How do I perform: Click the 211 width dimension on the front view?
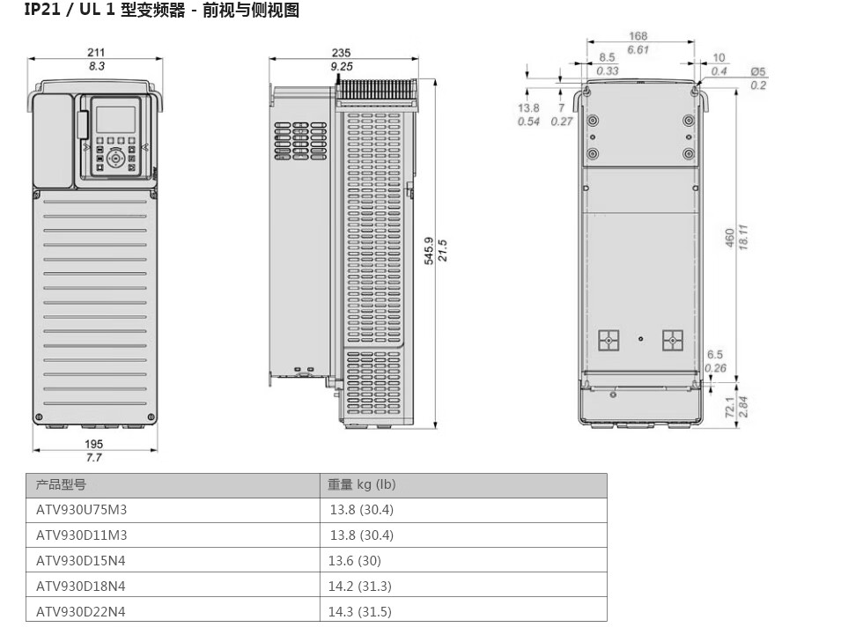coord(96,52)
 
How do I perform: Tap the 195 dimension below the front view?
coord(93,444)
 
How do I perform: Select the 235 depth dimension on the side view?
coord(342,53)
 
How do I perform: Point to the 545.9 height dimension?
coord(429,250)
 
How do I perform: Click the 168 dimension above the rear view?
coord(638,36)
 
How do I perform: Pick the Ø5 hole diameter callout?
coord(758,71)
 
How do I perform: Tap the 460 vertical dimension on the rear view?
coord(730,238)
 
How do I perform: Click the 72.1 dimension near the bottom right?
coord(730,407)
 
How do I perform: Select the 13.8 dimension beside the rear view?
coord(528,108)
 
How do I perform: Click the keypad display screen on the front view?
coord(115,120)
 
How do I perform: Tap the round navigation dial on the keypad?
coord(115,159)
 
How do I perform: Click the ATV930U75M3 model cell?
coord(81,510)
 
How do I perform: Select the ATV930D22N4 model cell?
coord(81,612)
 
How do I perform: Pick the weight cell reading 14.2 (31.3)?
coord(360,587)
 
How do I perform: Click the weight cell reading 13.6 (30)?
coord(354,561)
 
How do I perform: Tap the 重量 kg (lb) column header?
coord(362,484)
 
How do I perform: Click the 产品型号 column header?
coord(61,485)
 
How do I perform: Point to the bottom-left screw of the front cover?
coord(39,417)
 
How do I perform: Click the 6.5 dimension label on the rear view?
coord(715,355)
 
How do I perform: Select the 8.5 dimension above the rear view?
coord(607,57)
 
